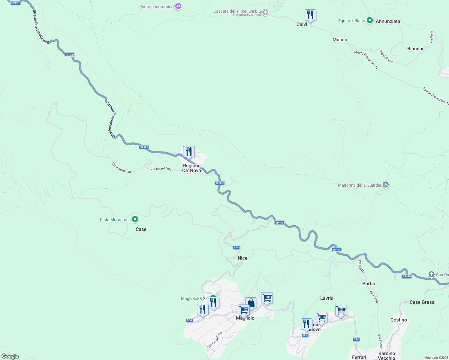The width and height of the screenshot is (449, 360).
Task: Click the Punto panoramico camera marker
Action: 178,6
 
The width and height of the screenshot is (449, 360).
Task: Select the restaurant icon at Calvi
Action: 310,15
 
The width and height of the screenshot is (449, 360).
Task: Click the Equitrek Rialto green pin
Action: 370,20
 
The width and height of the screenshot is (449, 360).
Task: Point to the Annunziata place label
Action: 388,21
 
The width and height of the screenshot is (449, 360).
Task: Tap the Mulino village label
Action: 340,40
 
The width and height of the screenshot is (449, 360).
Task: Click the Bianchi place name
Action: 415,49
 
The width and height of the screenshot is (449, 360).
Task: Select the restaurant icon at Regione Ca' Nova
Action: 189,152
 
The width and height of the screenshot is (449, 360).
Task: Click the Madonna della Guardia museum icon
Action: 386,185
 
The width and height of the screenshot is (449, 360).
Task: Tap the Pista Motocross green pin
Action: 135,219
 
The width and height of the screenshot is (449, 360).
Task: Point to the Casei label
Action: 142,229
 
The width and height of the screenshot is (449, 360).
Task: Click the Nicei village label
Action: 243,258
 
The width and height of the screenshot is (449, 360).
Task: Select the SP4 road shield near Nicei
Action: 236,247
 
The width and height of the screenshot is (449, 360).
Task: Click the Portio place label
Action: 369,283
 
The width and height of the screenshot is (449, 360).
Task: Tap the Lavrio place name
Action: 327,298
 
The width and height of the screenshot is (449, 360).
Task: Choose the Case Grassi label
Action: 422,302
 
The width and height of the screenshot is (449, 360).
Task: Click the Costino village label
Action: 399,320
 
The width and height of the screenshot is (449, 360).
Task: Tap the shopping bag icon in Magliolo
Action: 251,303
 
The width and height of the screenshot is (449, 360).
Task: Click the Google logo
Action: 10,356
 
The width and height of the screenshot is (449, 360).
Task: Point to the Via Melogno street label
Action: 386,56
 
